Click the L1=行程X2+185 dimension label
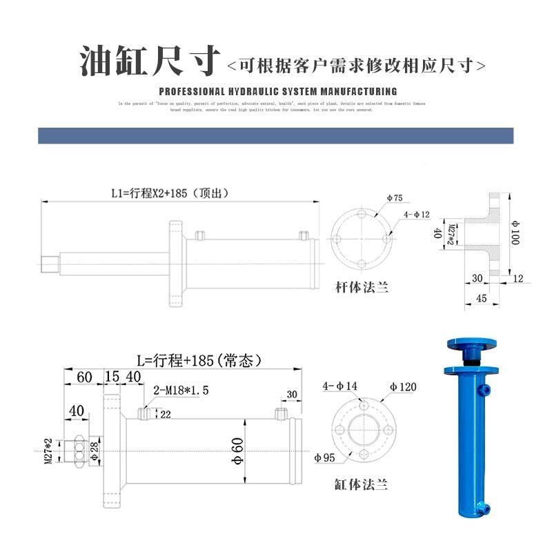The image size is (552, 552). pyautogui.click(x=169, y=193)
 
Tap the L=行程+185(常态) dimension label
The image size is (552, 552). pyautogui.click(x=197, y=360)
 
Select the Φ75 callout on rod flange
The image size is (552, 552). pyautogui.click(x=394, y=197)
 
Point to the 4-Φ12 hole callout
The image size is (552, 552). pyautogui.click(x=417, y=214)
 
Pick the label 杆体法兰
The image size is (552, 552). pyautogui.click(x=362, y=286)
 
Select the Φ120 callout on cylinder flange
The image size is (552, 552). pyautogui.click(x=403, y=386)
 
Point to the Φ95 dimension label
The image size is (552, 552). pyautogui.click(x=324, y=457)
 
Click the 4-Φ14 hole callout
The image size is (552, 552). pyautogui.click(x=341, y=386)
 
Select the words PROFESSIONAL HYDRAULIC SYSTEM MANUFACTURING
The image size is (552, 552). pyautogui.click(x=278, y=91)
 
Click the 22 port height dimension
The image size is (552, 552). pyautogui.click(x=166, y=414)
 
